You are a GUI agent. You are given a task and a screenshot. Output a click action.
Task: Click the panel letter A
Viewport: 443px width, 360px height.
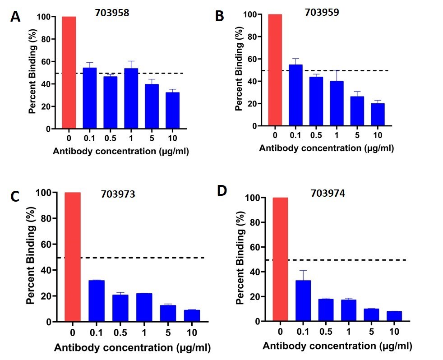(15, 17)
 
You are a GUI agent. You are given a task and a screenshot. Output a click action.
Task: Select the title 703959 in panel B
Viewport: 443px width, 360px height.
(321, 13)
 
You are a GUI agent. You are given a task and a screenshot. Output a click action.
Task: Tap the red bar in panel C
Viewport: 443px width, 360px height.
(73, 257)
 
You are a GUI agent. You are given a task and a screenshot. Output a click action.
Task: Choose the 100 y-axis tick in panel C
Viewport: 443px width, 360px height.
(46, 193)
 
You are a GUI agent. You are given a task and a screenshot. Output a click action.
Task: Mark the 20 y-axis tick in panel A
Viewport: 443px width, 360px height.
(45, 106)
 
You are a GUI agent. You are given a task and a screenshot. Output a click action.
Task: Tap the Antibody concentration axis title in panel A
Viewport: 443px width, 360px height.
(120, 151)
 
